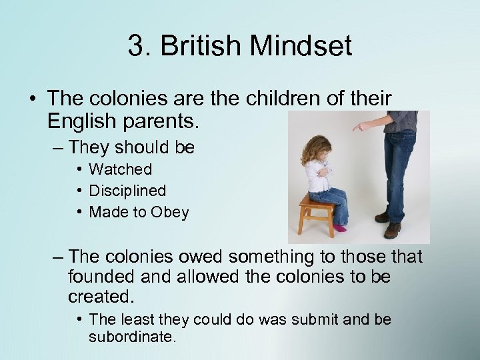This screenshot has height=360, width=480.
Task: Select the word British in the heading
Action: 198,47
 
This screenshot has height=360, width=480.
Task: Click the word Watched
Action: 120,169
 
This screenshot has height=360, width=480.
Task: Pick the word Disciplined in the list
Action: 127,191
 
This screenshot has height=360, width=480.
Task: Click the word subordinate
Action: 132,337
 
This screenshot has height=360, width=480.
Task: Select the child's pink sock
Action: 341,228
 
